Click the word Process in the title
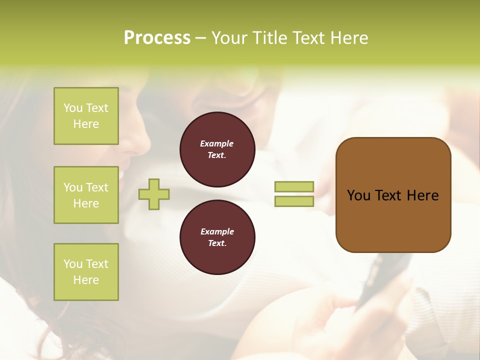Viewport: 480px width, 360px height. tap(157, 38)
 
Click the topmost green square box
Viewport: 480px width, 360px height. tap(86, 116)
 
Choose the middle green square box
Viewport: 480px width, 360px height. tap(86, 195)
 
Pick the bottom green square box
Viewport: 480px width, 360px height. tap(86, 272)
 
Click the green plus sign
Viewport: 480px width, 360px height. tap(154, 194)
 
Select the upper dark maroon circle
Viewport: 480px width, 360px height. tap(217, 149)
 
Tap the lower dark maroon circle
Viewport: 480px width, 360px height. tap(217, 237)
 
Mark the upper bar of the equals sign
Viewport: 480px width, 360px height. tap(294, 186)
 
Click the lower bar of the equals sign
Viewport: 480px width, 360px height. tap(294, 201)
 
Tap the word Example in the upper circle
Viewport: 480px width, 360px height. tap(217, 143)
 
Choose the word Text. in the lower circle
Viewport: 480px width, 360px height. tap(217, 243)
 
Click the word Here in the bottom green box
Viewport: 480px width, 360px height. tap(86, 280)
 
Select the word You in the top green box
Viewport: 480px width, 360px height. tap(72, 108)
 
